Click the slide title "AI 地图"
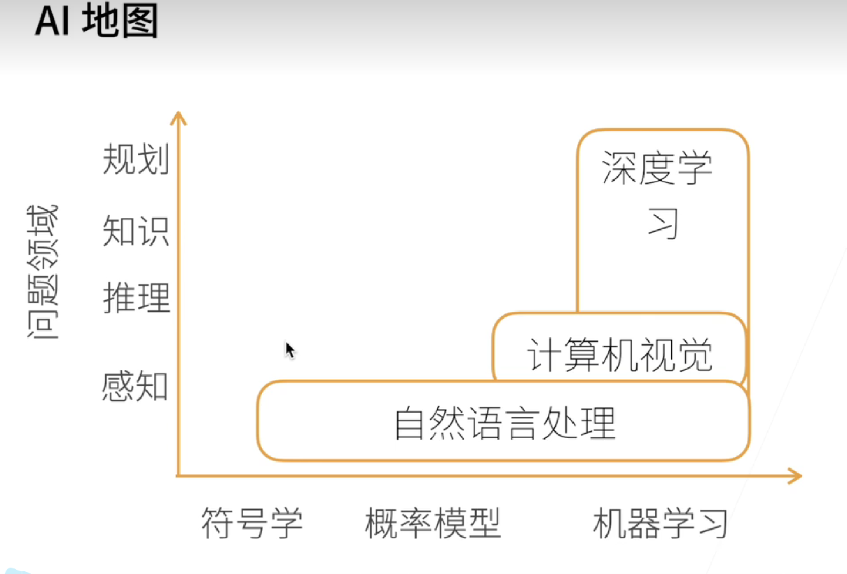(x=96, y=22)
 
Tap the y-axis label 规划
(x=136, y=160)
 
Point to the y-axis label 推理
(x=137, y=297)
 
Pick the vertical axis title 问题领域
(x=43, y=273)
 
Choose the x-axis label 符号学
(x=252, y=523)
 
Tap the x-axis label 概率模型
(x=433, y=523)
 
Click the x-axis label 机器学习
(x=660, y=523)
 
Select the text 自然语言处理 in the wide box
(x=505, y=422)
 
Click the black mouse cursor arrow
(x=289, y=350)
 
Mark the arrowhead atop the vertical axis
(x=180, y=117)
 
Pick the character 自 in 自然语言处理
(x=408, y=423)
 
